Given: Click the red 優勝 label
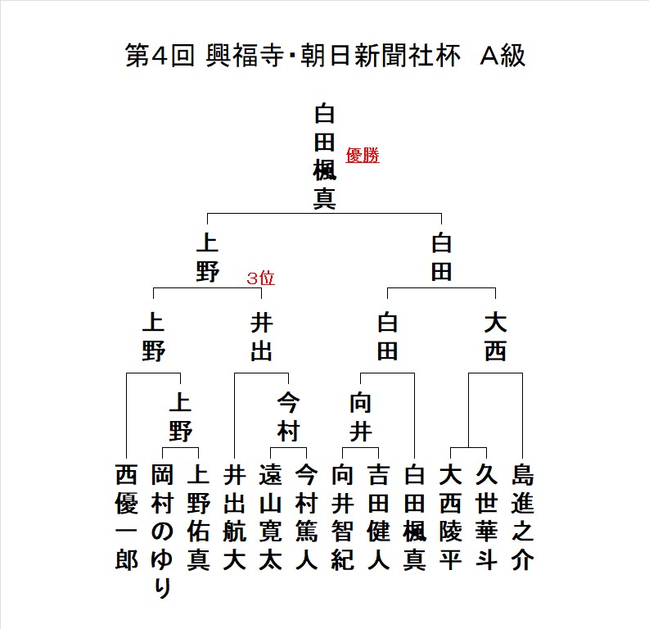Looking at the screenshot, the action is (x=363, y=156).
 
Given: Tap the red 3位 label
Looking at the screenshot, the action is (x=261, y=278).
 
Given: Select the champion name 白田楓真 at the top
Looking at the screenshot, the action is (x=324, y=156).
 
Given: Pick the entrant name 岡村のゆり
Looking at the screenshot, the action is (x=162, y=532).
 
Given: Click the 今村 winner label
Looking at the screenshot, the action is (x=289, y=417).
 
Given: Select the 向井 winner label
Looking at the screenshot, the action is (x=360, y=417).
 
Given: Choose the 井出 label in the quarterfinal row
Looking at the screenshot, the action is (x=262, y=337).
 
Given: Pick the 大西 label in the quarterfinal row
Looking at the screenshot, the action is (x=495, y=337).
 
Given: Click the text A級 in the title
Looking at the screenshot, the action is (x=503, y=56).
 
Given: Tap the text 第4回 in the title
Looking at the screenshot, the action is (x=160, y=56).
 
